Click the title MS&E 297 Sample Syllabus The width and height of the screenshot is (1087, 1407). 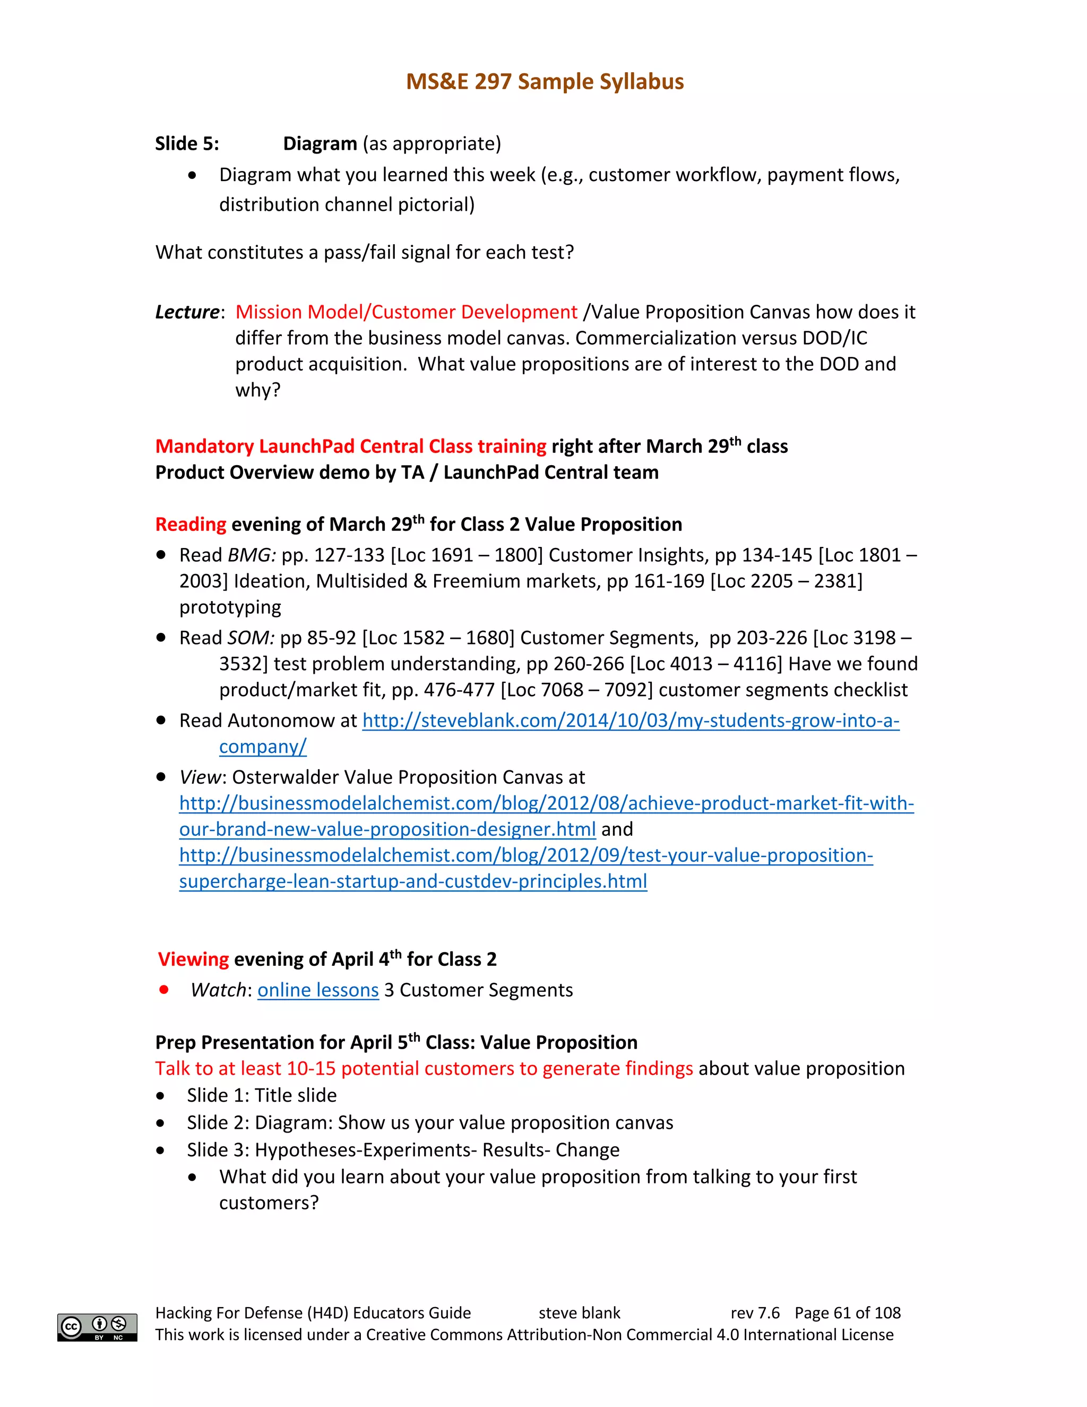[544, 82]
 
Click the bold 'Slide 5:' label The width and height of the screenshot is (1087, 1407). [187, 144]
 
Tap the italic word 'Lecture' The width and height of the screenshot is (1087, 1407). [187, 312]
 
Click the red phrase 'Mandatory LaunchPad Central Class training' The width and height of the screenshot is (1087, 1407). [350, 447]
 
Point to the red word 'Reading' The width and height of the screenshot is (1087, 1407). [191, 525]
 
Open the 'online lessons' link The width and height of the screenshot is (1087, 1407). [318, 990]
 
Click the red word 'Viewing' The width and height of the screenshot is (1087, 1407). [193, 960]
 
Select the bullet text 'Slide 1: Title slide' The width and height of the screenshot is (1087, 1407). [262, 1096]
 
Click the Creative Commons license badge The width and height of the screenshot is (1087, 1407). [97, 1327]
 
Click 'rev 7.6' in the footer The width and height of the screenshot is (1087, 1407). [755, 1313]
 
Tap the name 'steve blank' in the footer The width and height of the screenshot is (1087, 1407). [579, 1313]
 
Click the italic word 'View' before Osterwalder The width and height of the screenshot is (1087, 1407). [200, 778]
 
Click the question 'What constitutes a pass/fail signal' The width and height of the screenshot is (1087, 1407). [364, 253]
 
